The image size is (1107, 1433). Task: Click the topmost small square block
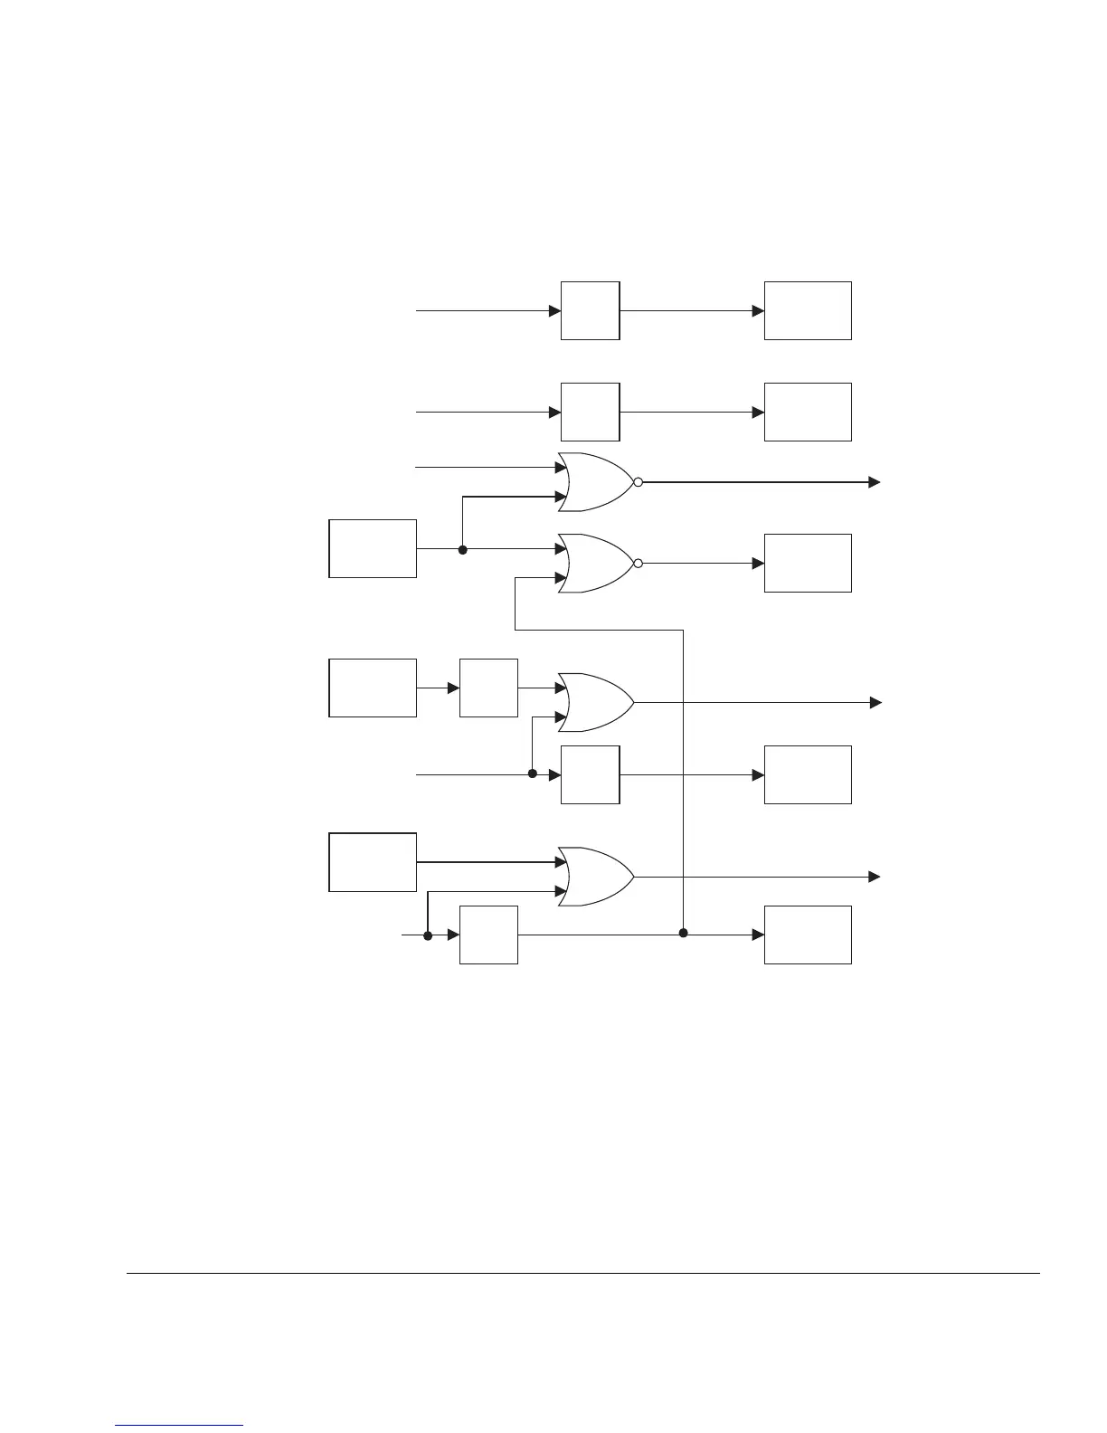(590, 310)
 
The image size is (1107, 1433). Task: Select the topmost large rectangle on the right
(808, 310)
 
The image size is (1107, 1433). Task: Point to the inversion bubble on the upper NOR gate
(639, 482)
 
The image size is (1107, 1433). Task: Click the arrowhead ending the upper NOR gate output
(875, 482)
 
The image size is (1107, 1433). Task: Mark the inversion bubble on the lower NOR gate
(639, 563)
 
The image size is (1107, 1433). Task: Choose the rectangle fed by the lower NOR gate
(808, 563)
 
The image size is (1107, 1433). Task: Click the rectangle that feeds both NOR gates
(373, 548)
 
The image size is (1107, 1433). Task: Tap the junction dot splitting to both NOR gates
(462, 549)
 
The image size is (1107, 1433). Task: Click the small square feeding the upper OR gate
(488, 688)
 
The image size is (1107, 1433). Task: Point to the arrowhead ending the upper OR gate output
(875, 702)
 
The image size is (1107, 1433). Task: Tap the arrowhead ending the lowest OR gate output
(875, 877)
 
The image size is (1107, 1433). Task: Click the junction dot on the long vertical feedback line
(683, 933)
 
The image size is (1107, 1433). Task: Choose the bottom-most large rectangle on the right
(808, 935)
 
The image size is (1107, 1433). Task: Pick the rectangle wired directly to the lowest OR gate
(373, 862)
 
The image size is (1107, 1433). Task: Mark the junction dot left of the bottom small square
(428, 935)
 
